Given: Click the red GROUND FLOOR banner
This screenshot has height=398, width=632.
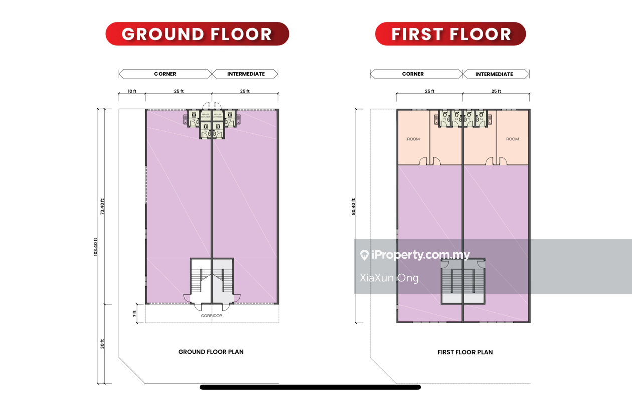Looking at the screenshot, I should tap(197, 34).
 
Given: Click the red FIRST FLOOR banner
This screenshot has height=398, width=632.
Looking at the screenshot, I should tap(450, 34).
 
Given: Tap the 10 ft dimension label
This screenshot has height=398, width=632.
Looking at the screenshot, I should tap(132, 91).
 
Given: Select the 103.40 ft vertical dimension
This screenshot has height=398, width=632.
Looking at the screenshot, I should tap(95, 247).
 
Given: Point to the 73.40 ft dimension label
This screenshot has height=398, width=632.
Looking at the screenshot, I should tap(102, 207).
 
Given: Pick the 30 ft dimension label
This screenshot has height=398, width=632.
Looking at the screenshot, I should tap(102, 344).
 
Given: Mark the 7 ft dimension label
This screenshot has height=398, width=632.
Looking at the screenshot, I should tap(135, 314).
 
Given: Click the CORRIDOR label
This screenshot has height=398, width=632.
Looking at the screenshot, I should tap(211, 316).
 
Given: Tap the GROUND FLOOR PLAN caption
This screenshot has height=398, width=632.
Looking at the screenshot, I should tap(211, 352).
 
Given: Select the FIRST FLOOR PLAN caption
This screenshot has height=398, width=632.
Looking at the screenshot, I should tap(465, 352).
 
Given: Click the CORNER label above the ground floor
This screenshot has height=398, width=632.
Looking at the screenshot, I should tap(165, 74).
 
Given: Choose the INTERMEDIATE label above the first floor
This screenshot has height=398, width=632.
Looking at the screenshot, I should tap(494, 74).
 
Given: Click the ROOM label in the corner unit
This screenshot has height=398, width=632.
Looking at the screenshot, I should tap(413, 139).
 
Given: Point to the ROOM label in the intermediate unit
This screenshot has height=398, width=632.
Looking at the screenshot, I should tap(512, 139).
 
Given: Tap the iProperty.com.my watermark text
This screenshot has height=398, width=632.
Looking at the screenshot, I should tap(421, 255).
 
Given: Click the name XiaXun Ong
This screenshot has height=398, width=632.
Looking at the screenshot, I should tap(389, 278).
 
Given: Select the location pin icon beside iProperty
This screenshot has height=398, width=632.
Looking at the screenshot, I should tap(364, 255).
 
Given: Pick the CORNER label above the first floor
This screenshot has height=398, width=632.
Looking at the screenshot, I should tap(413, 74).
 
